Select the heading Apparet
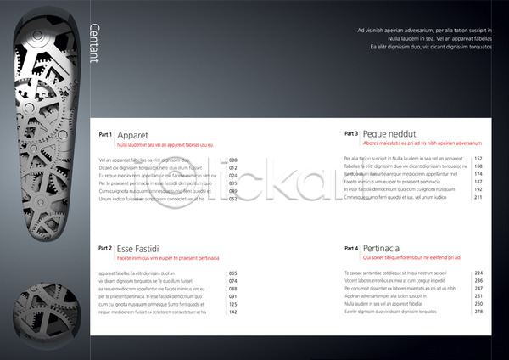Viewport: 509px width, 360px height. tap(133, 135)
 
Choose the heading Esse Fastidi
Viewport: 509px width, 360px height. tap(138, 249)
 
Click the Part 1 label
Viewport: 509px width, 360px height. tap(105, 134)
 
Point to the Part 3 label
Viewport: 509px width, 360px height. tap(351, 133)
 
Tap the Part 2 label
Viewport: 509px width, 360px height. tap(105, 248)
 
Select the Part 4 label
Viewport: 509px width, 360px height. tap(351, 248)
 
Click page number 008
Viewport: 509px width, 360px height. tap(233, 160)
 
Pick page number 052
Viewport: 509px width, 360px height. tap(233, 199)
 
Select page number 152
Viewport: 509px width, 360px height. tap(478, 159)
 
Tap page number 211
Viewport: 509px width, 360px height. tap(478, 197)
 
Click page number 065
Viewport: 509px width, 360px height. tap(233, 273)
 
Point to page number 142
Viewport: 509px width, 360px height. tap(233, 312)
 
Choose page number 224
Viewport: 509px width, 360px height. tap(478, 273)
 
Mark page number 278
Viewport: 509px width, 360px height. tap(478, 312)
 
